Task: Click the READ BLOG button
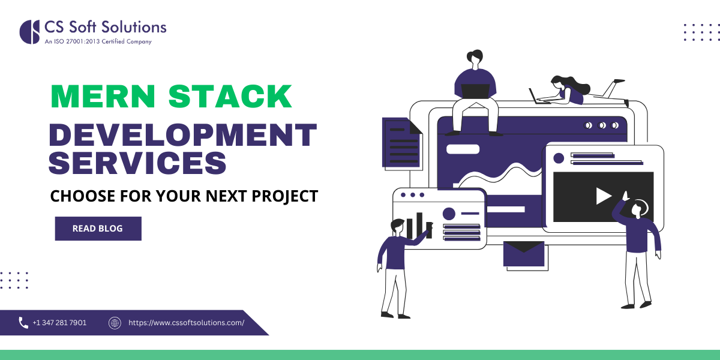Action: pyautogui.click(x=98, y=229)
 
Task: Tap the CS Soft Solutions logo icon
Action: pyautogui.click(x=30, y=32)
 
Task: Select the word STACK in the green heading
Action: pyautogui.click(x=230, y=97)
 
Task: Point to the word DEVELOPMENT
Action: pyautogui.click(x=182, y=135)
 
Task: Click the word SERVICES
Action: pyautogui.click(x=138, y=163)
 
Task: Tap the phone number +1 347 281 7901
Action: pyautogui.click(x=59, y=323)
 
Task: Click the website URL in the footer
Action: pyautogui.click(x=186, y=323)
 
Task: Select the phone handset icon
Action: pyautogui.click(x=23, y=323)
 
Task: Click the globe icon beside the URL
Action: pyautogui.click(x=115, y=323)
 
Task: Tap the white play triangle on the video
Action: pyautogui.click(x=603, y=196)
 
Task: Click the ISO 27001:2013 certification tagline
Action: pyautogui.click(x=98, y=42)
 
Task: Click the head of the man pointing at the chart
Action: pyautogui.click(x=397, y=226)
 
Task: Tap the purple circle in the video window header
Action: pyautogui.click(x=559, y=158)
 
